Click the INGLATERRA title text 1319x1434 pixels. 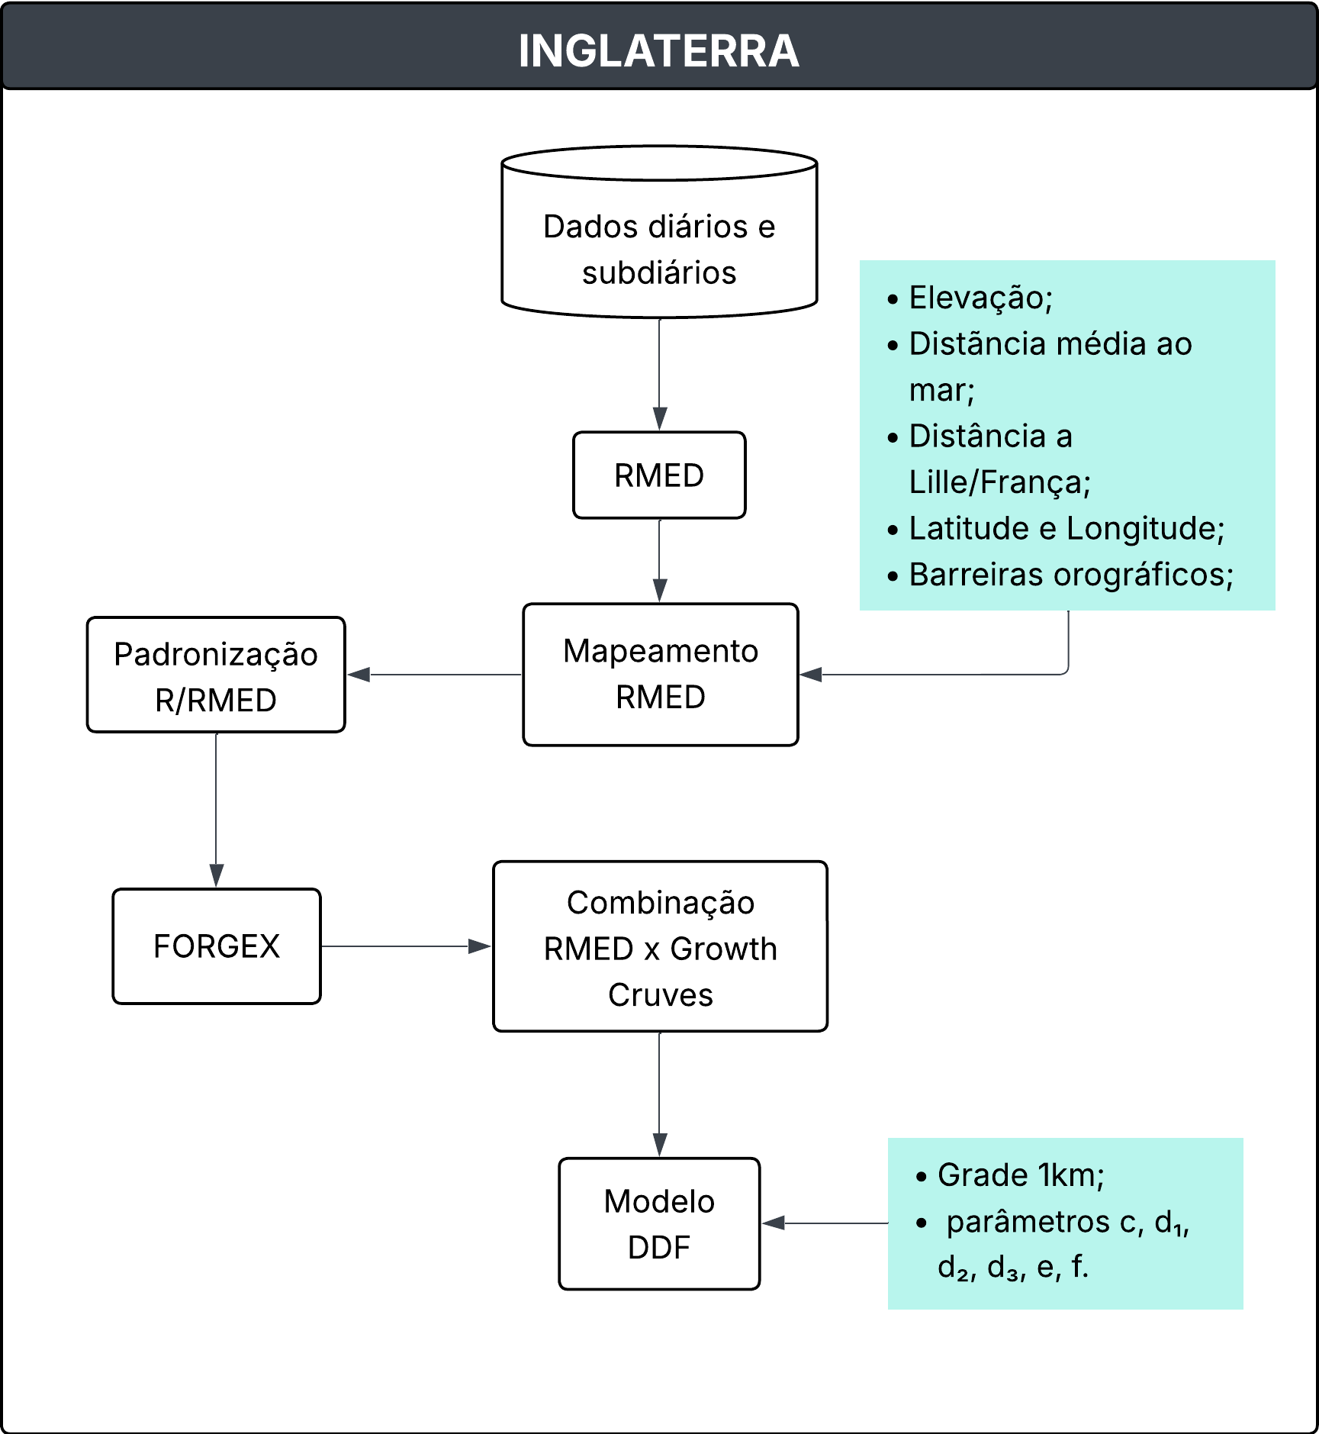(x=658, y=51)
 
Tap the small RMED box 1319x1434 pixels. (x=659, y=475)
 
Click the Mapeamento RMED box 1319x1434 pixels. (x=660, y=675)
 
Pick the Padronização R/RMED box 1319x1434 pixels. (x=216, y=675)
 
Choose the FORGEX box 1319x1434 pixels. (x=217, y=946)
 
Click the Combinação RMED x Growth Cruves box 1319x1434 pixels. (x=660, y=947)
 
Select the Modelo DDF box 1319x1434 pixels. (x=659, y=1224)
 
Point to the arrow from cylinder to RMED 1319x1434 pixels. (x=660, y=374)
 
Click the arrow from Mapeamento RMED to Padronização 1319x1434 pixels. (x=435, y=675)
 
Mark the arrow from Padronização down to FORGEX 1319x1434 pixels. (x=217, y=809)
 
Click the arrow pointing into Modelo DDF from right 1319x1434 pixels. (x=824, y=1223)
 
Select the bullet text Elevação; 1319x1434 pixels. (x=980, y=298)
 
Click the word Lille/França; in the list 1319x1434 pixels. (x=999, y=482)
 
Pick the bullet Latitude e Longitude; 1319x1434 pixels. (x=1066, y=528)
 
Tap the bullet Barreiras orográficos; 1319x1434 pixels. (x=1071, y=575)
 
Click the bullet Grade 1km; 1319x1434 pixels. (x=1021, y=1175)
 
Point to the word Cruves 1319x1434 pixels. (x=660, y=995)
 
